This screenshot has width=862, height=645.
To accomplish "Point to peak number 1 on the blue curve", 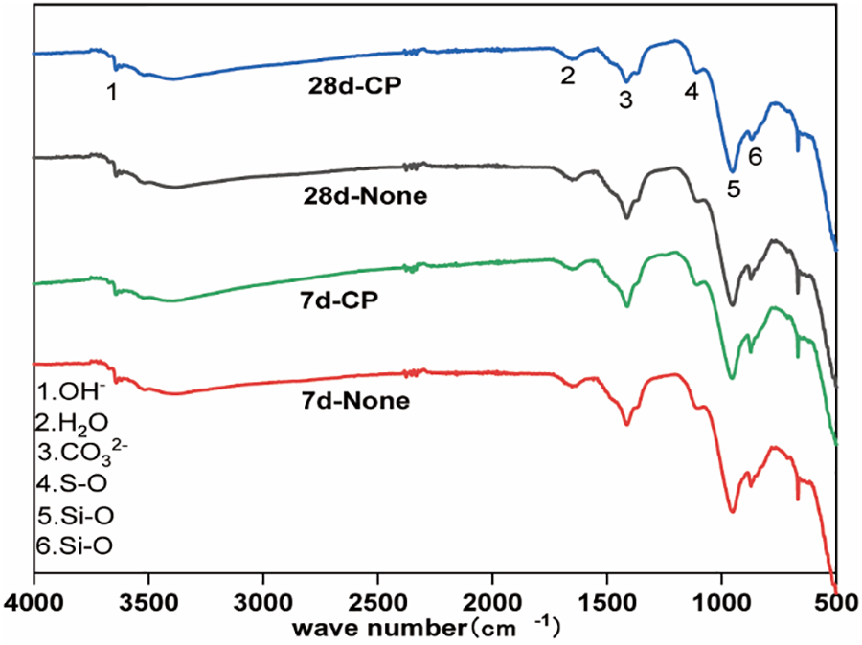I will (x=113, y=92).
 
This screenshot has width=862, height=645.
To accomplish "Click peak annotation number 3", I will (x=625, y=100).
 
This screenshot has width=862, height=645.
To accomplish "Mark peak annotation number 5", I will (x=734, y=189).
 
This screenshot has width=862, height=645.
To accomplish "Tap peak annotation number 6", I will (x=755, y=157).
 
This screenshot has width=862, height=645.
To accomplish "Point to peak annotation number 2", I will (x=568, y=75).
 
